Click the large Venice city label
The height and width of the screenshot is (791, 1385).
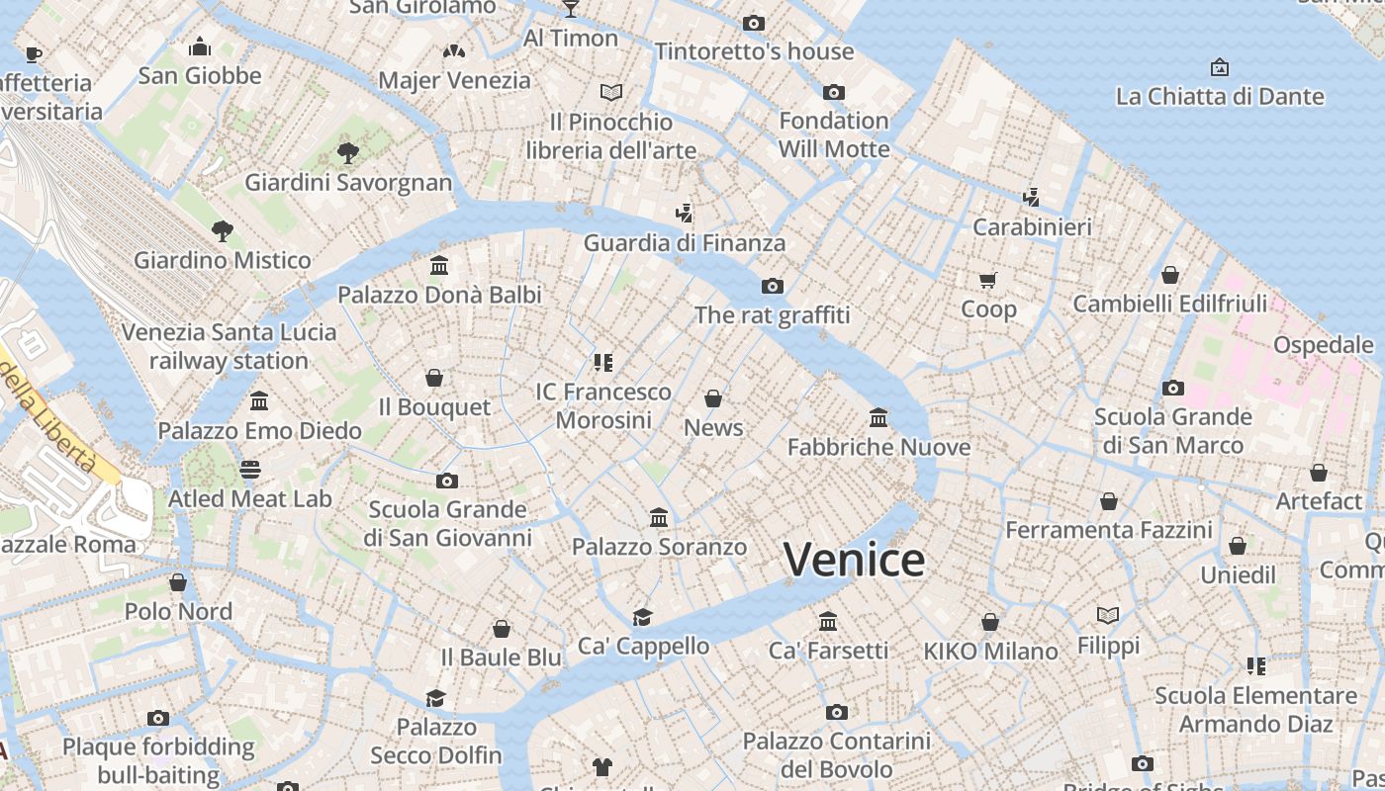(x=854, y=560)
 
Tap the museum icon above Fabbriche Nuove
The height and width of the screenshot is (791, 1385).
(x=877, y=417)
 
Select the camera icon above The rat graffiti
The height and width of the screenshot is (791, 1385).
(x=772, y=287)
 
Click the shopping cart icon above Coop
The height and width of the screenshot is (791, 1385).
(x=987, y=280)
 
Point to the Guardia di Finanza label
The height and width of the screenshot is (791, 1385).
(x=684, y=243)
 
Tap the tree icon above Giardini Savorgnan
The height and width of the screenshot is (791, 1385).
(x=347, y=152)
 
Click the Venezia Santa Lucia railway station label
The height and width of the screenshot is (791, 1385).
(x=229, y=346)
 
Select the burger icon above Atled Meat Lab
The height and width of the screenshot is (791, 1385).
(x=250, y=469)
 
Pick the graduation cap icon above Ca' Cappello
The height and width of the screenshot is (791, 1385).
(x=643, y=617)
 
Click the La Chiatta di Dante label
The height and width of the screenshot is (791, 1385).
(x=1219, y=97)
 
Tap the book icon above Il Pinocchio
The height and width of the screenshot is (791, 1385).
(x=611, y=93)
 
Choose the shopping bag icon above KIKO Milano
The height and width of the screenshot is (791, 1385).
(x=989, y=622)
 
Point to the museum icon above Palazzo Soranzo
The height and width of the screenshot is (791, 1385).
(x=658, y=517)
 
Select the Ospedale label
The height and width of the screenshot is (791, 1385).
(x=1323, y=345)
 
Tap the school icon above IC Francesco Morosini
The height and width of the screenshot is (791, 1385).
(x=603, y=363)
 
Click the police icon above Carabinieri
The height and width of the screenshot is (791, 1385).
(x=1031, y=197)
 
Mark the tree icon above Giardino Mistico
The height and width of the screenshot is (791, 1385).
(x=223, y=231)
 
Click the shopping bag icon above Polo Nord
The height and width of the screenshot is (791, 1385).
(x=178, y=582)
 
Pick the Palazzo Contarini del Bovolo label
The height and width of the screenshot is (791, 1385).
(x=836, y=754)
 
